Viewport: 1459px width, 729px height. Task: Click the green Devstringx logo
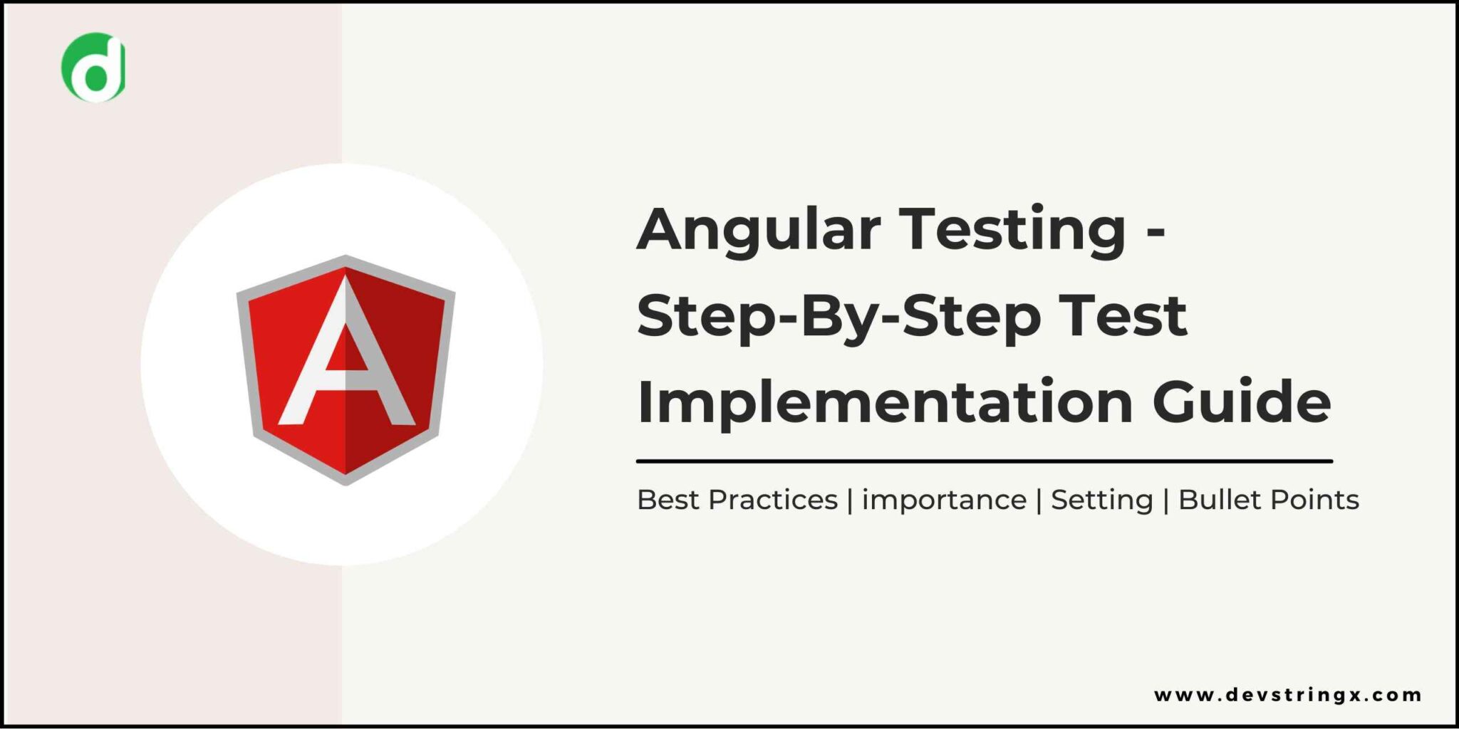point(93,67)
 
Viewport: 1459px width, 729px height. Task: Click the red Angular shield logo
point(346,369)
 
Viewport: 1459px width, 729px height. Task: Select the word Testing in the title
point(1012,230)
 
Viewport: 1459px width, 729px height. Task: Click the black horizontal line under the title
point(984,461)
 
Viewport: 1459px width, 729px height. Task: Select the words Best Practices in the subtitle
point(737,500)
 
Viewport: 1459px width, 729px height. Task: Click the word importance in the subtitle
point(944,500)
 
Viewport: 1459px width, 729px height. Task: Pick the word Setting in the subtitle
point(1101,500)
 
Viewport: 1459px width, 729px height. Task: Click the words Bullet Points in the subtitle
point(1268,500)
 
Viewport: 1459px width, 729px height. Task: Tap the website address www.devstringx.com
point(1287,695)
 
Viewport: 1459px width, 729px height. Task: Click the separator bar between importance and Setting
point(1039,500)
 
